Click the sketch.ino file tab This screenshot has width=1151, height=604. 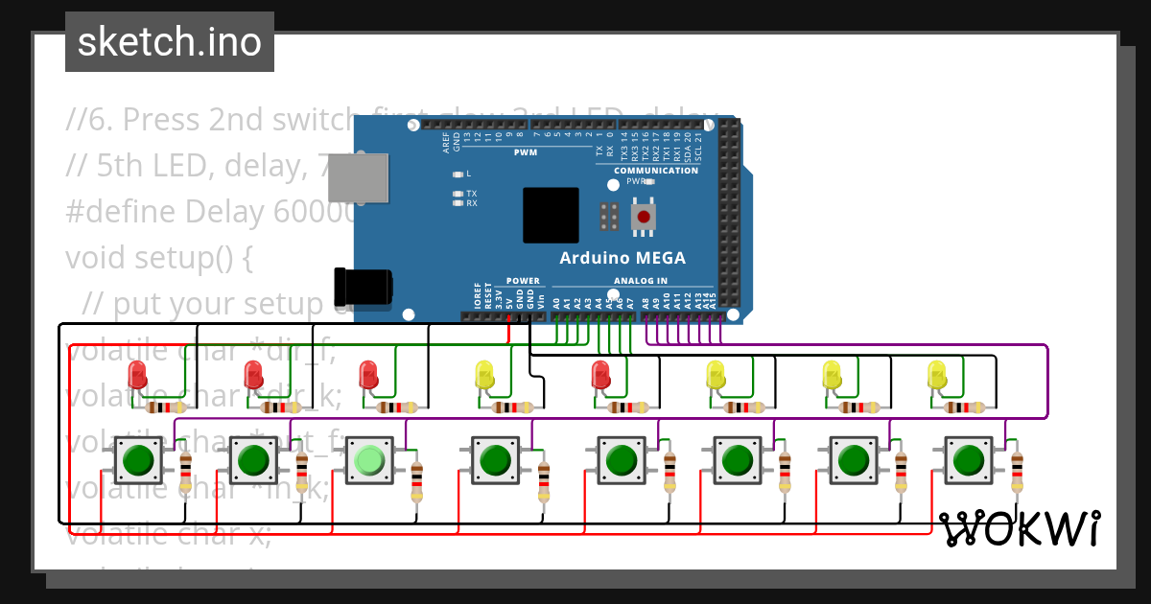coord(170,42)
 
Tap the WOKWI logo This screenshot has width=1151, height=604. coord(1019,528)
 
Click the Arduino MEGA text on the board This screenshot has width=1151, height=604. coord(622,258)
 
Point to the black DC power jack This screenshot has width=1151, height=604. coord(362,287)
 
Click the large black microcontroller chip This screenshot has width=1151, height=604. coord(551,215)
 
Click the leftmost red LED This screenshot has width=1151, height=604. coord(137,374)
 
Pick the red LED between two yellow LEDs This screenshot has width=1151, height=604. coord(601,374)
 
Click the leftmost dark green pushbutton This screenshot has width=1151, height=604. coord(139,461)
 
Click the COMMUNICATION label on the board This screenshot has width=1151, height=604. coord(656,171)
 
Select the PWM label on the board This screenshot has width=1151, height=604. coord(526,152)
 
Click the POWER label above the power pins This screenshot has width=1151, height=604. coord(523,281)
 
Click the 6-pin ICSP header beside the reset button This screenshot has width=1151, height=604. coord(607,217)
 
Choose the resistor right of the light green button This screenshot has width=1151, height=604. coord(416,480)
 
